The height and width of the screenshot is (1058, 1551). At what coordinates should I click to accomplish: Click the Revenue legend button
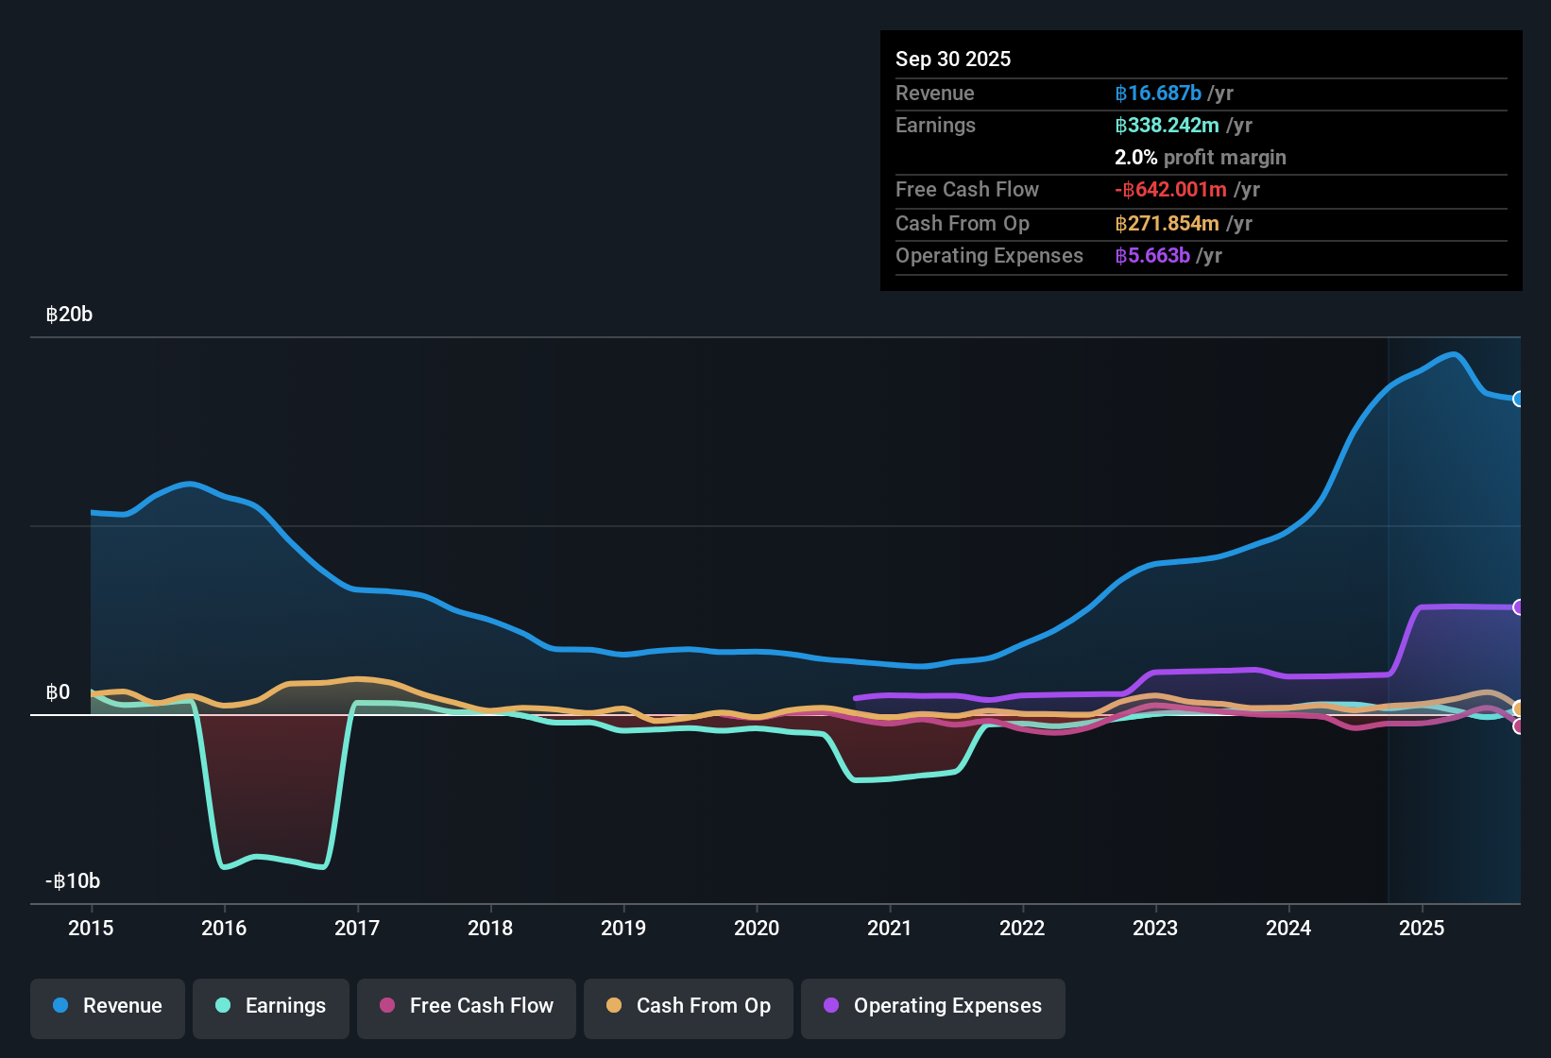[x=108, y=1006]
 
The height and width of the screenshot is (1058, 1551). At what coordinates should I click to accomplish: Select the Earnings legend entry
[x=271, y=1006]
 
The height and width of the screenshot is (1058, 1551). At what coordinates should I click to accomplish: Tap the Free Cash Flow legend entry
[x=467, y=1006]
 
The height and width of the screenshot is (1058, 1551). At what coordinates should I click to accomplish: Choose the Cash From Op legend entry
[x=689, y=1006]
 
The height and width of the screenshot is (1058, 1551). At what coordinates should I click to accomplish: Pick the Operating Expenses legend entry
[x=933, y=1006]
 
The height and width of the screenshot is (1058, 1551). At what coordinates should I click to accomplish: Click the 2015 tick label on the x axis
[x=91, y=929]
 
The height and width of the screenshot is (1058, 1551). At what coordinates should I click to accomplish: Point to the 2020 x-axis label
[x=757, y=929]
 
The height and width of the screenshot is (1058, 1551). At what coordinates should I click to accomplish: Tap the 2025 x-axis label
[x=1422, y=929]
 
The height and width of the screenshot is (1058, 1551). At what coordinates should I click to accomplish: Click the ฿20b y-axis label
[x=70, y=315]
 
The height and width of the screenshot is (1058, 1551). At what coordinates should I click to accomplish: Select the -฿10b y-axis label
[x=73, y=881]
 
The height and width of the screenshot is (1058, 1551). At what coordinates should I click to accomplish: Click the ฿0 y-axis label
[x=59, y=692]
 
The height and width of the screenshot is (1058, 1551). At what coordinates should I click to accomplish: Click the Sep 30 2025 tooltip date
[x=953, y=60]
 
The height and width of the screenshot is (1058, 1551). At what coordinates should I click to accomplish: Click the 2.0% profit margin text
[x=1200, y=158]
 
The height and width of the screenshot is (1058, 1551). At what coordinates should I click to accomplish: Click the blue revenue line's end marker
[x=1518, y=399]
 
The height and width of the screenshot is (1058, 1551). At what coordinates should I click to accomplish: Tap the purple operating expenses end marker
[x=1518, y=607]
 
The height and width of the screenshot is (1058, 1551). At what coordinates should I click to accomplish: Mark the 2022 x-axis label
[x=1022, y=929]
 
